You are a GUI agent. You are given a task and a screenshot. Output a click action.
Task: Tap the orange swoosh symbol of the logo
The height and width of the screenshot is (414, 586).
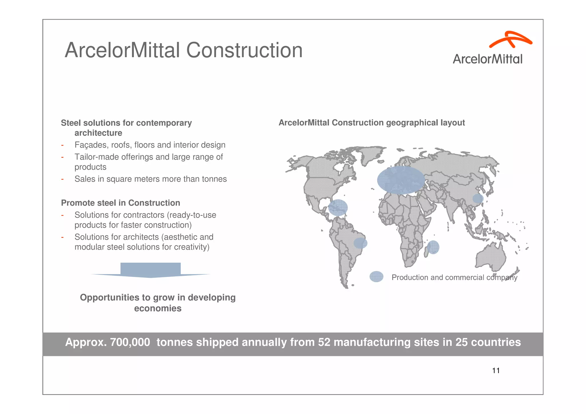[x=510, y=40]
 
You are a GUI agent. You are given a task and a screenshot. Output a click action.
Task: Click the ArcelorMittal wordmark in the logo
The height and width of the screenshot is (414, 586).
[x=487, y=59]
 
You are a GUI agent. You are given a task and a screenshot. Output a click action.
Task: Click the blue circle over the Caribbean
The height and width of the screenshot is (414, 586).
[x=338, y=207]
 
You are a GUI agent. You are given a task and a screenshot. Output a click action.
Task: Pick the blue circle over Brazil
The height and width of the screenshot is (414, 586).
[x=360, y=243]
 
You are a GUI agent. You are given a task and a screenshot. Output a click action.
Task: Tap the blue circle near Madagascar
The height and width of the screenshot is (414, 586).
[x=433, y=247]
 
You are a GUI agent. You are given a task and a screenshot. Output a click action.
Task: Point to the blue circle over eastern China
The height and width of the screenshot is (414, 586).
[x=478, y=198]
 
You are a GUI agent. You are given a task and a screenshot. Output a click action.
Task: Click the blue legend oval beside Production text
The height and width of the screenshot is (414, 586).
[x=376, y=277]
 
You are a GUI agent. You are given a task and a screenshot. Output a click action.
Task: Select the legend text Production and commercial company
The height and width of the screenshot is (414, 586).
[x=454, y=277]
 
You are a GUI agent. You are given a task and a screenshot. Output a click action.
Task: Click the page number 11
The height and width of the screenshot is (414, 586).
[x=496, y=371]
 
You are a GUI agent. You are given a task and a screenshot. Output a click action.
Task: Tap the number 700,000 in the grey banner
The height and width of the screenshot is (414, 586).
[x=130, y=342]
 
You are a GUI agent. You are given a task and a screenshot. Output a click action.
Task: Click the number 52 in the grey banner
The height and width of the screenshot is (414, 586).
[x=324, y=342]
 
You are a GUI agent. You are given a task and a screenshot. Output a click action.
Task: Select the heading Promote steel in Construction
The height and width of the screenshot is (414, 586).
[x=120, y=203]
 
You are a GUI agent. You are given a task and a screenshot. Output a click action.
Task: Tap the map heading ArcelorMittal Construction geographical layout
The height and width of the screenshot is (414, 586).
[x=371, y=123]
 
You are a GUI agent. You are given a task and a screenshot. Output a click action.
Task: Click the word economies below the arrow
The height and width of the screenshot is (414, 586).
[x=158, y=308]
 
